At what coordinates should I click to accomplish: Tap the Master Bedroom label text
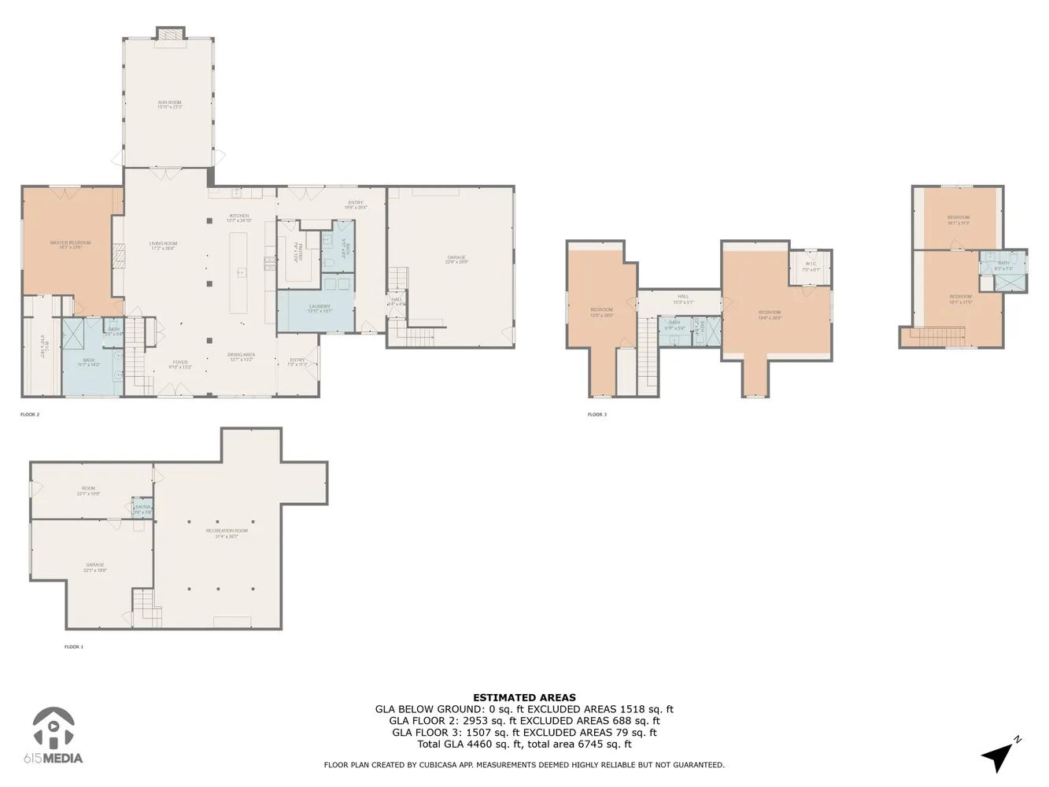(70, 244)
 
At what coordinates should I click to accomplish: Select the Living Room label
(164, 245)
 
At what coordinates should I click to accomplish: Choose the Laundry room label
(320, 308)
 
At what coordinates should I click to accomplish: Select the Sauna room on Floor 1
(142, 508)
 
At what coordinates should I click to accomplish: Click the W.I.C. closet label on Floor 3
(811, 264)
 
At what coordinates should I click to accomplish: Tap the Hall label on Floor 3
(683, 297)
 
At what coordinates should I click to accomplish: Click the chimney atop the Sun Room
(170, 34)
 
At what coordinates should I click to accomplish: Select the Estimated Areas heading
(524, 697)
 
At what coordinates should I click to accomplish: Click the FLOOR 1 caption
(73, 647)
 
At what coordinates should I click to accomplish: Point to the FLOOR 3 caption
(597, 415)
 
